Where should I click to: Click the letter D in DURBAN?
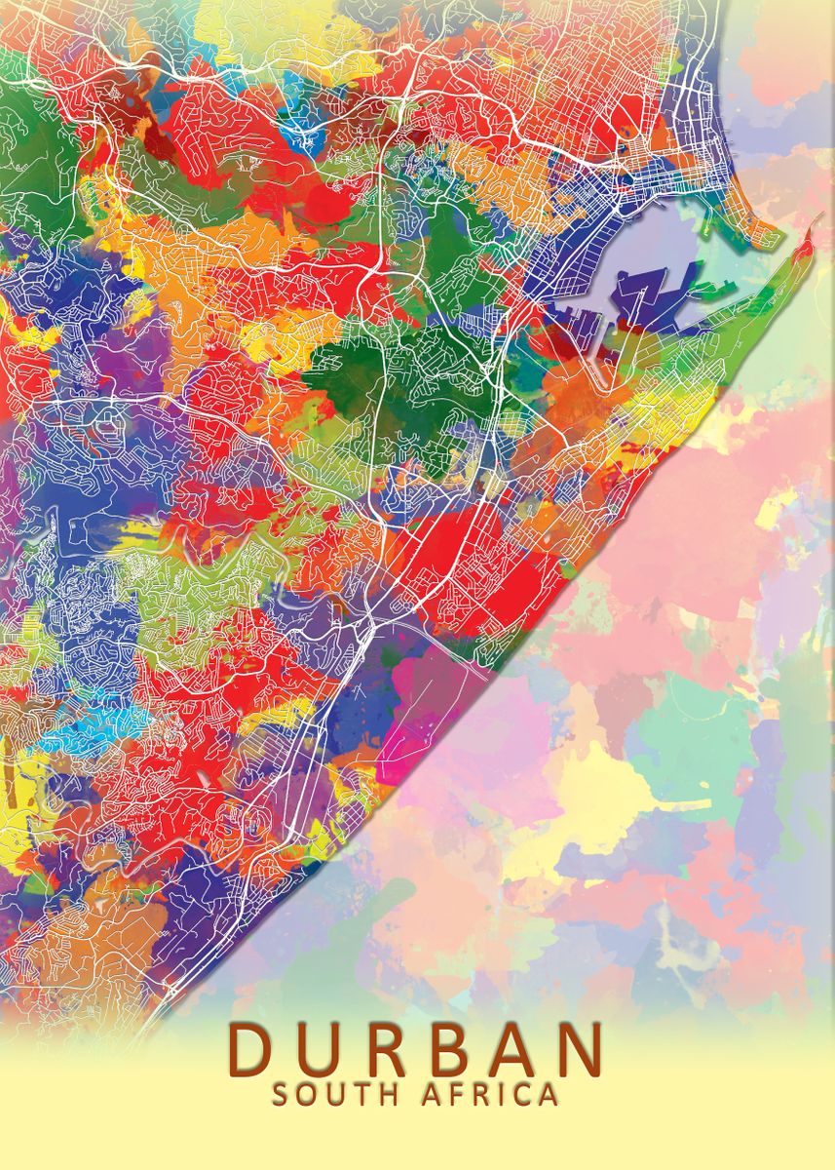click(252, 1047)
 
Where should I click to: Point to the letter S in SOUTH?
click(280, 1094)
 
